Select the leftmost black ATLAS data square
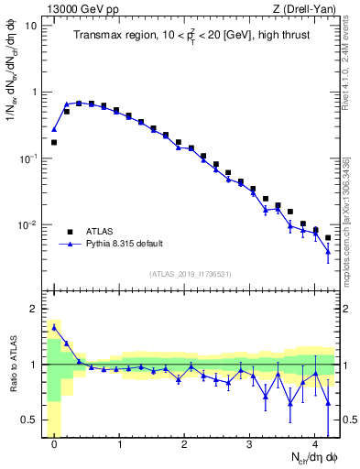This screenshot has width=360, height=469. click(54, 142)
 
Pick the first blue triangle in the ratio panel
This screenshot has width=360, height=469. click(54, 327)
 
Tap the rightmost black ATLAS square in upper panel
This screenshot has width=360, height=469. click(328, 237)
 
